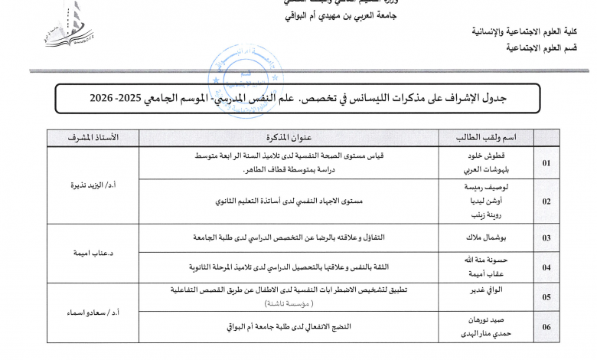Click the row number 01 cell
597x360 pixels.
tap(546, 163)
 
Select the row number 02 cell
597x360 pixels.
tap(546, 201)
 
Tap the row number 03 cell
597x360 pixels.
tap(546, 238)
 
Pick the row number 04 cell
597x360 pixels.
tap(546, 267)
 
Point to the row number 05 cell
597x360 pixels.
tap(546, 296)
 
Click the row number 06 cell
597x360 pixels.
tap(546, 327)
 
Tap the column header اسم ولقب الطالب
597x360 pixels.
tap(486, 137)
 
